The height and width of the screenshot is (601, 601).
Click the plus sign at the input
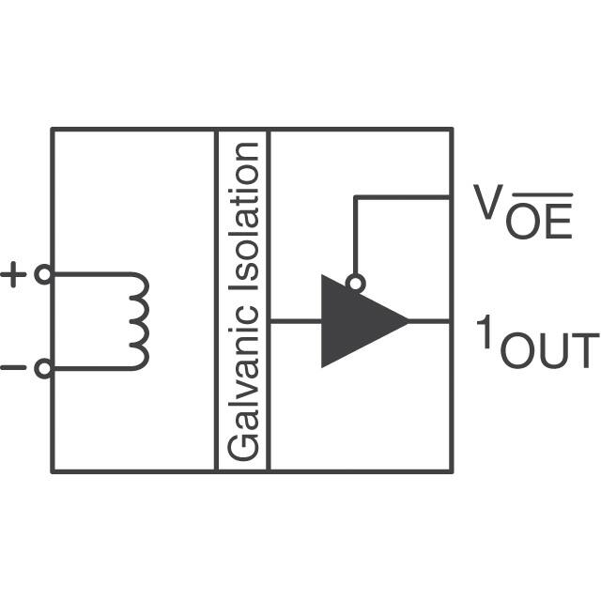14,274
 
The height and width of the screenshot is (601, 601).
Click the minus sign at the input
14,368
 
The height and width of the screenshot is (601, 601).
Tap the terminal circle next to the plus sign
42,274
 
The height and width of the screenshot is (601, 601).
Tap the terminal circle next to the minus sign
42,369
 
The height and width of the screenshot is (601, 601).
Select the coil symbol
138,321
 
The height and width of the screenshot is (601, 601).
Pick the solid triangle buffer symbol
357,321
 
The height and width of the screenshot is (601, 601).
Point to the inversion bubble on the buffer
355,283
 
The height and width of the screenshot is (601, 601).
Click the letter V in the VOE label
485,202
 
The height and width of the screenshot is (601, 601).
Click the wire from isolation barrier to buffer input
295,321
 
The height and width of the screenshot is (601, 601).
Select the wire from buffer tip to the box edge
430,321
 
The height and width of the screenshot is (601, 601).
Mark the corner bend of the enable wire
355,197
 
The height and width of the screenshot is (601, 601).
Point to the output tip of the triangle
408,321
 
